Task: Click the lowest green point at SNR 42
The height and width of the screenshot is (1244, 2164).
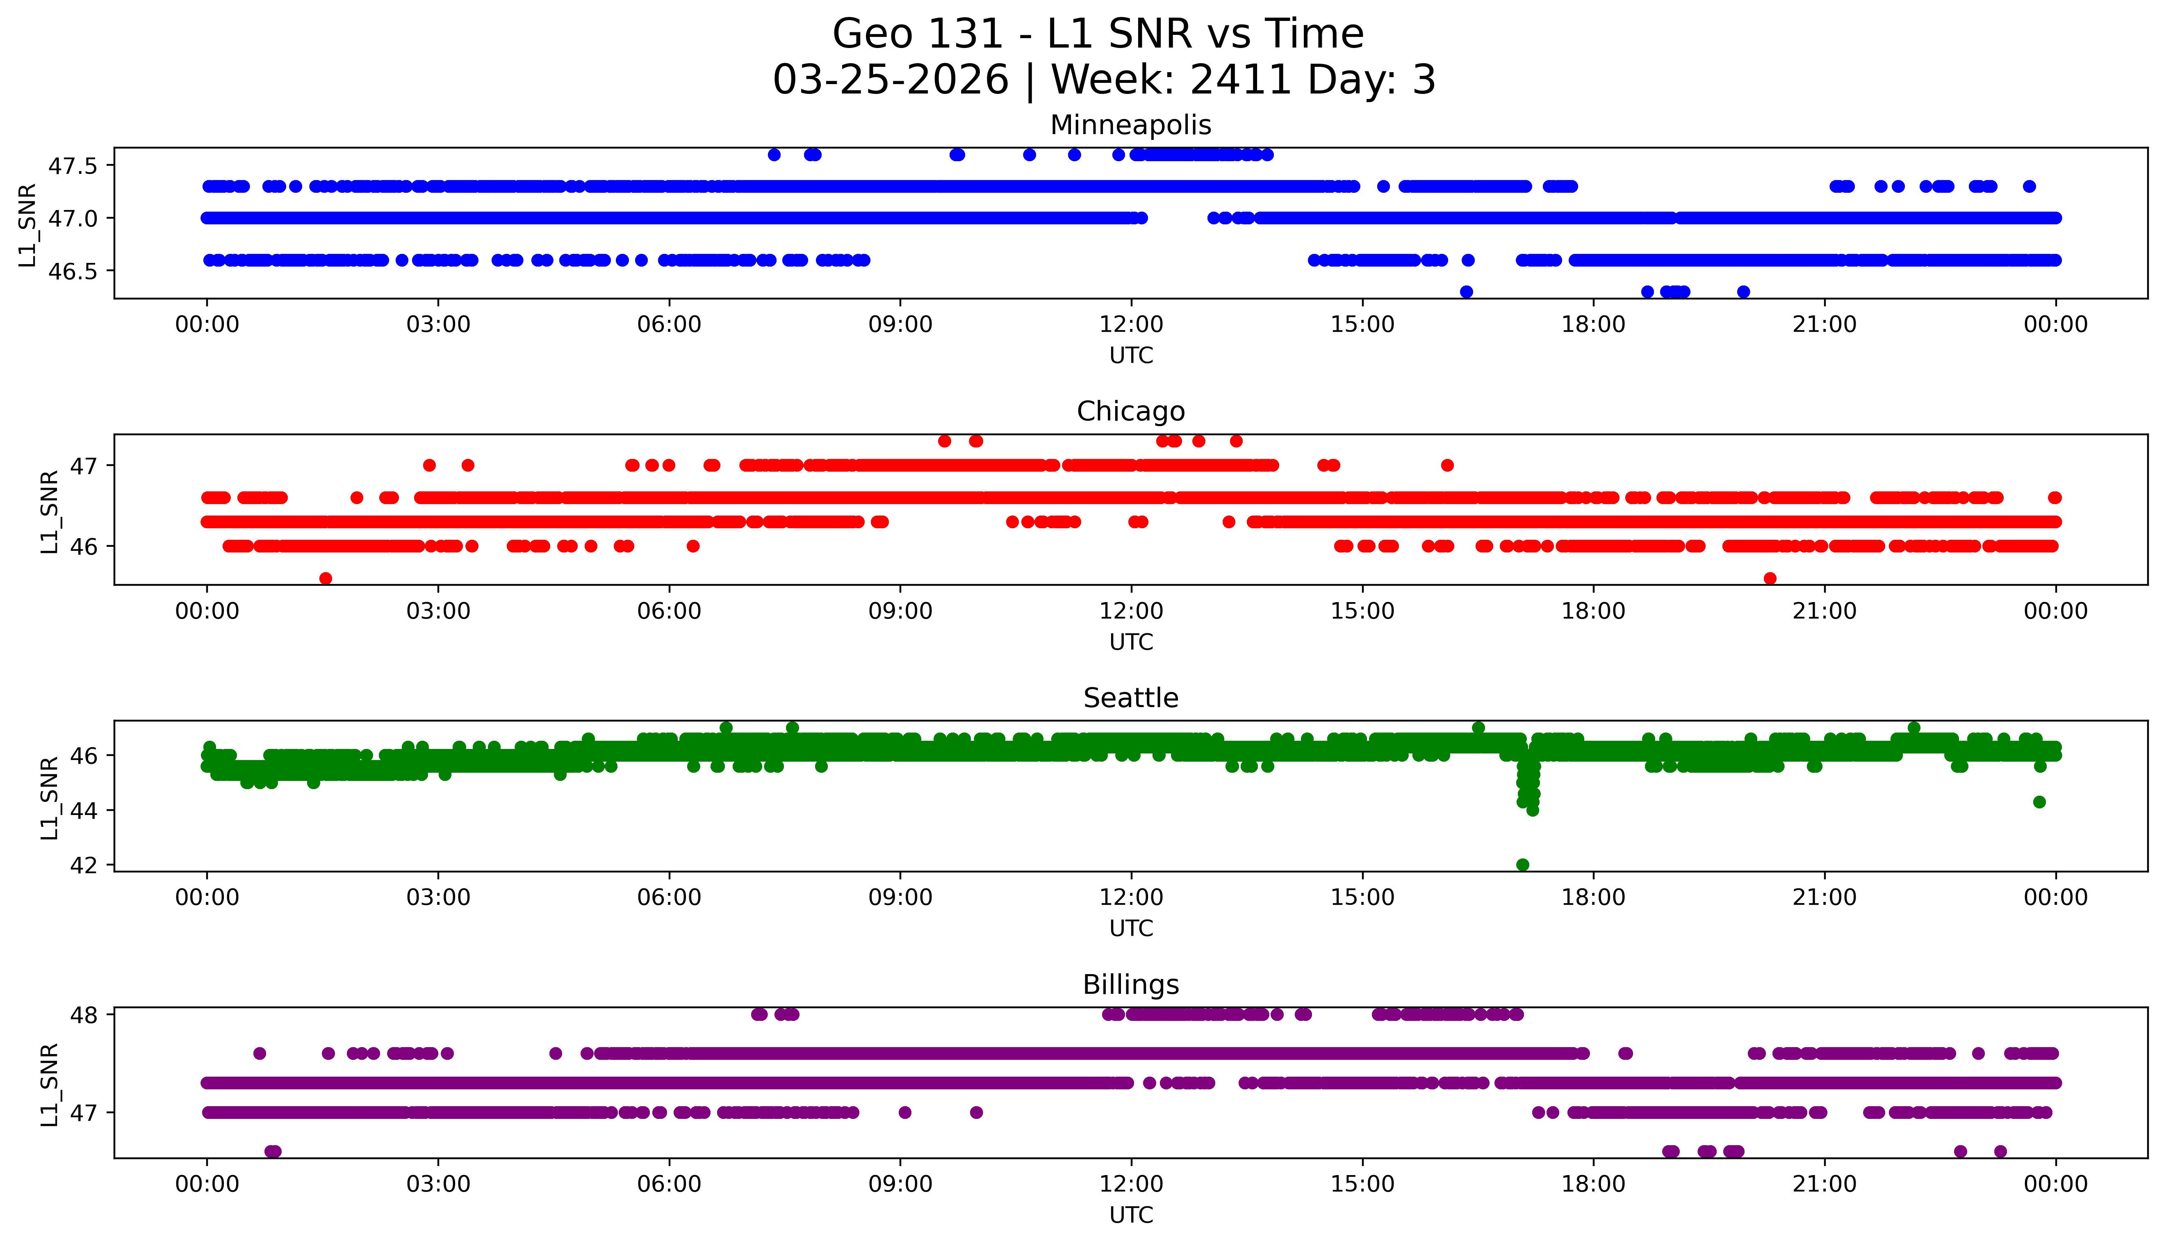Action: pyautogui.click(x=1522, y=865)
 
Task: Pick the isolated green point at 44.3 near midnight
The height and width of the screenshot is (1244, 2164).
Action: pyautogui.click(x=2039, y=801)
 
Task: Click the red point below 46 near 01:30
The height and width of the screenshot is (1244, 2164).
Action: pyautogui.click(x=326, y=578)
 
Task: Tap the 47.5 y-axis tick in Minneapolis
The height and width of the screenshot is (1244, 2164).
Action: pyautogui.click(x=73, y=166)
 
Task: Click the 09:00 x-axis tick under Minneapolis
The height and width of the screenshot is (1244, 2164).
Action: pyautogui.click(x=900, y=325)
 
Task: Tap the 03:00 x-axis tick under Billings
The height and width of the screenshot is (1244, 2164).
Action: pyautogui.click(x=438, y=1184)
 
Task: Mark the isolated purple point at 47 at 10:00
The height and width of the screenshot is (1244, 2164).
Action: pyautogui.click(x=976, y=1112)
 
